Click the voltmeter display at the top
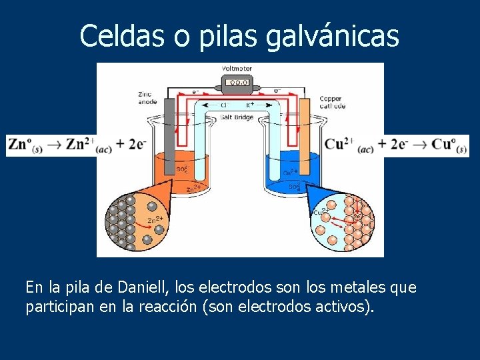click(237, 83)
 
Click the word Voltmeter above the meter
click(237, 69)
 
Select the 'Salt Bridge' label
click(237, 117)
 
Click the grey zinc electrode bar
click(169, 137)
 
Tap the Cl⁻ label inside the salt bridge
click(225, 105)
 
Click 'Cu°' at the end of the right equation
click(448, 145)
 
